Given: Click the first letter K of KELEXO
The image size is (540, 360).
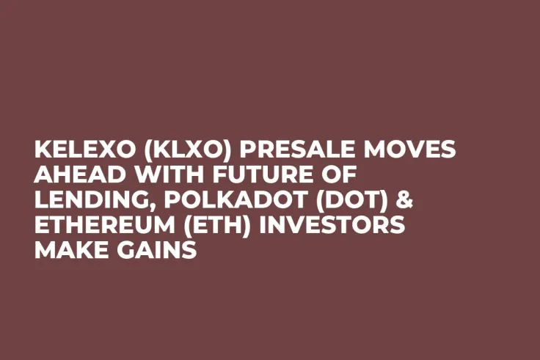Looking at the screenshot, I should coord(42,150).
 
